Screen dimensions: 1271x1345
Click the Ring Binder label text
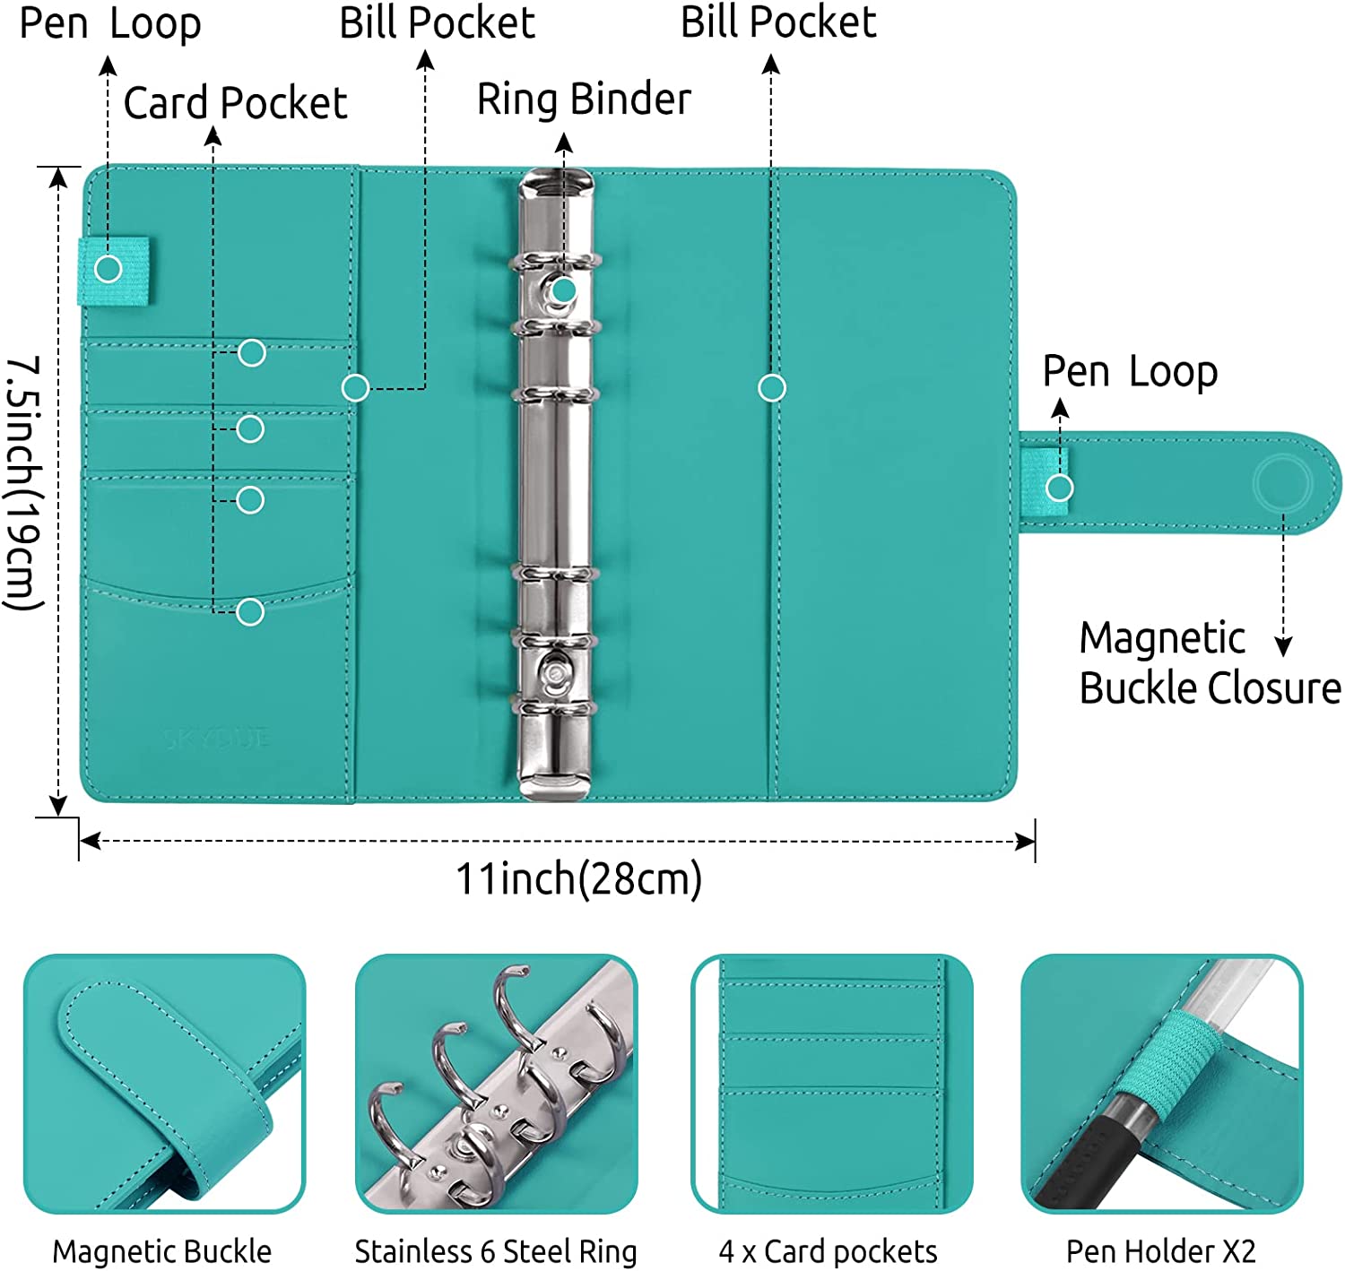tap(584, 99)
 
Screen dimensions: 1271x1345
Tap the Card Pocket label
tap(235, 103)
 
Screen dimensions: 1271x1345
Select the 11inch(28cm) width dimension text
tap(578, 879)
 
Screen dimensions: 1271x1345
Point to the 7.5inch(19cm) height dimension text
tap(25, 484)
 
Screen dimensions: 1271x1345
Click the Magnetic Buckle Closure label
tap(1209, 663)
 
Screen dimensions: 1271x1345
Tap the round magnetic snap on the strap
tap(1282, 483)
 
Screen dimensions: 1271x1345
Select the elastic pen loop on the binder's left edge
tap(114, 270)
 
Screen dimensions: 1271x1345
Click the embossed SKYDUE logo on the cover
tap(217, 739)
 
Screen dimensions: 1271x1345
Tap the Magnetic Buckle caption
tap(161, 1251)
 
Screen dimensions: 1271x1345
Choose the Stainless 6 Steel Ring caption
tap(496, 1251)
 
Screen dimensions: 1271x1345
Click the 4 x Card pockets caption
tap(828, 1251)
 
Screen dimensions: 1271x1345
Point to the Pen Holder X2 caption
tap(1161, 1251)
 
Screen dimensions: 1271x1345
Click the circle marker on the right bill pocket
tap(772, 388)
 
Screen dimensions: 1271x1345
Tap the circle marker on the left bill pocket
tap(356, 388)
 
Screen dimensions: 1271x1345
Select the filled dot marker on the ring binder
tap(563, 290)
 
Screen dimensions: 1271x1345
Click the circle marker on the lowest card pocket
tap(250, 612)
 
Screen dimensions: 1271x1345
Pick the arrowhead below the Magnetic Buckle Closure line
tap(1283, 647)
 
